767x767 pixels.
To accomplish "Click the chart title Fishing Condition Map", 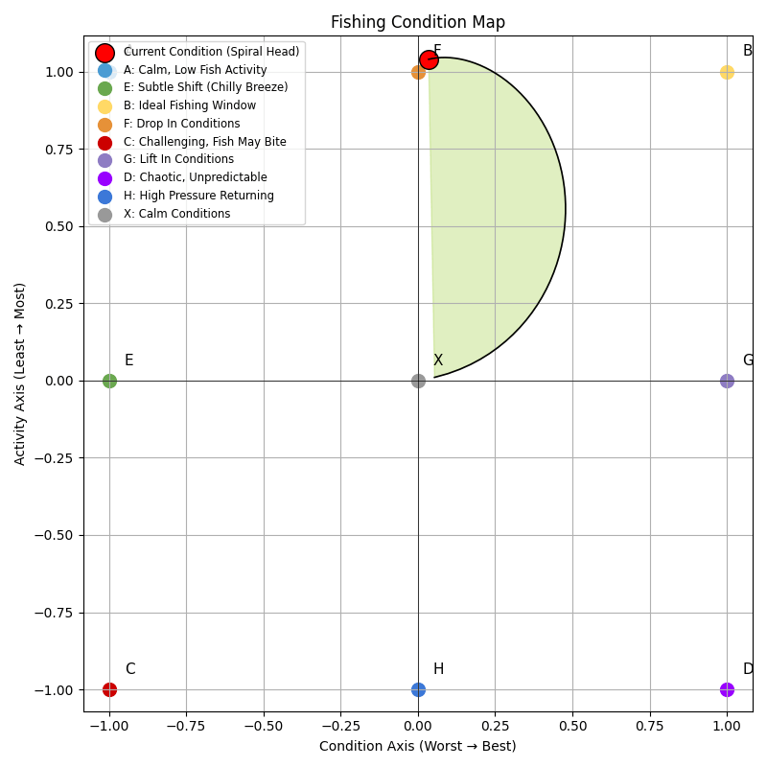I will pos(418,22).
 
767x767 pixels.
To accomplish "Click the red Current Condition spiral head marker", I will pos(429,60).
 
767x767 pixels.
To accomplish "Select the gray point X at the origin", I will pos(418,381).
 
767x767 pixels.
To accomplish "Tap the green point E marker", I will pos(109,381).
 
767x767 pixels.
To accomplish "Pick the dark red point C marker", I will pos(109,689).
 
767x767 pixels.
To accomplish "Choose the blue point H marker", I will pos(418,689).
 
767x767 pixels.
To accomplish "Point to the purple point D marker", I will pos(727,689).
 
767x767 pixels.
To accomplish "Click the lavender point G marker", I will pos(727,381).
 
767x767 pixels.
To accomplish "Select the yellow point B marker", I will pos(727,72).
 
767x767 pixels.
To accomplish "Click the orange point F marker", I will pos(418,72).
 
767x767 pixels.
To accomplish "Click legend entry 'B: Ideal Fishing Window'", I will pos(189,105).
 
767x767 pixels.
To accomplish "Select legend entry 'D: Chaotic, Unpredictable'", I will pos(195,177).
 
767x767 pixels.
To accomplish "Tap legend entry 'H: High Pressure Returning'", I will pos(198,196).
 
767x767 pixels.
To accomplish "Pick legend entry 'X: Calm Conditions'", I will pos(176,214).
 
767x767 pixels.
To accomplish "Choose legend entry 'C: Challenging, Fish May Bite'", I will pos(204,142).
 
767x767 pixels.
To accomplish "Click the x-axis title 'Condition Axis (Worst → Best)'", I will pos(418,746).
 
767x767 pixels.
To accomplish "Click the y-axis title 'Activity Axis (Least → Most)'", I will pos(20,374).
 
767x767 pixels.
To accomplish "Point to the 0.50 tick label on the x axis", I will pos(572,727).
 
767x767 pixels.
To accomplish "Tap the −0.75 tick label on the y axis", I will pos(55,613).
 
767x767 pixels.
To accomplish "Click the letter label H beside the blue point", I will pos(438,669).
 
